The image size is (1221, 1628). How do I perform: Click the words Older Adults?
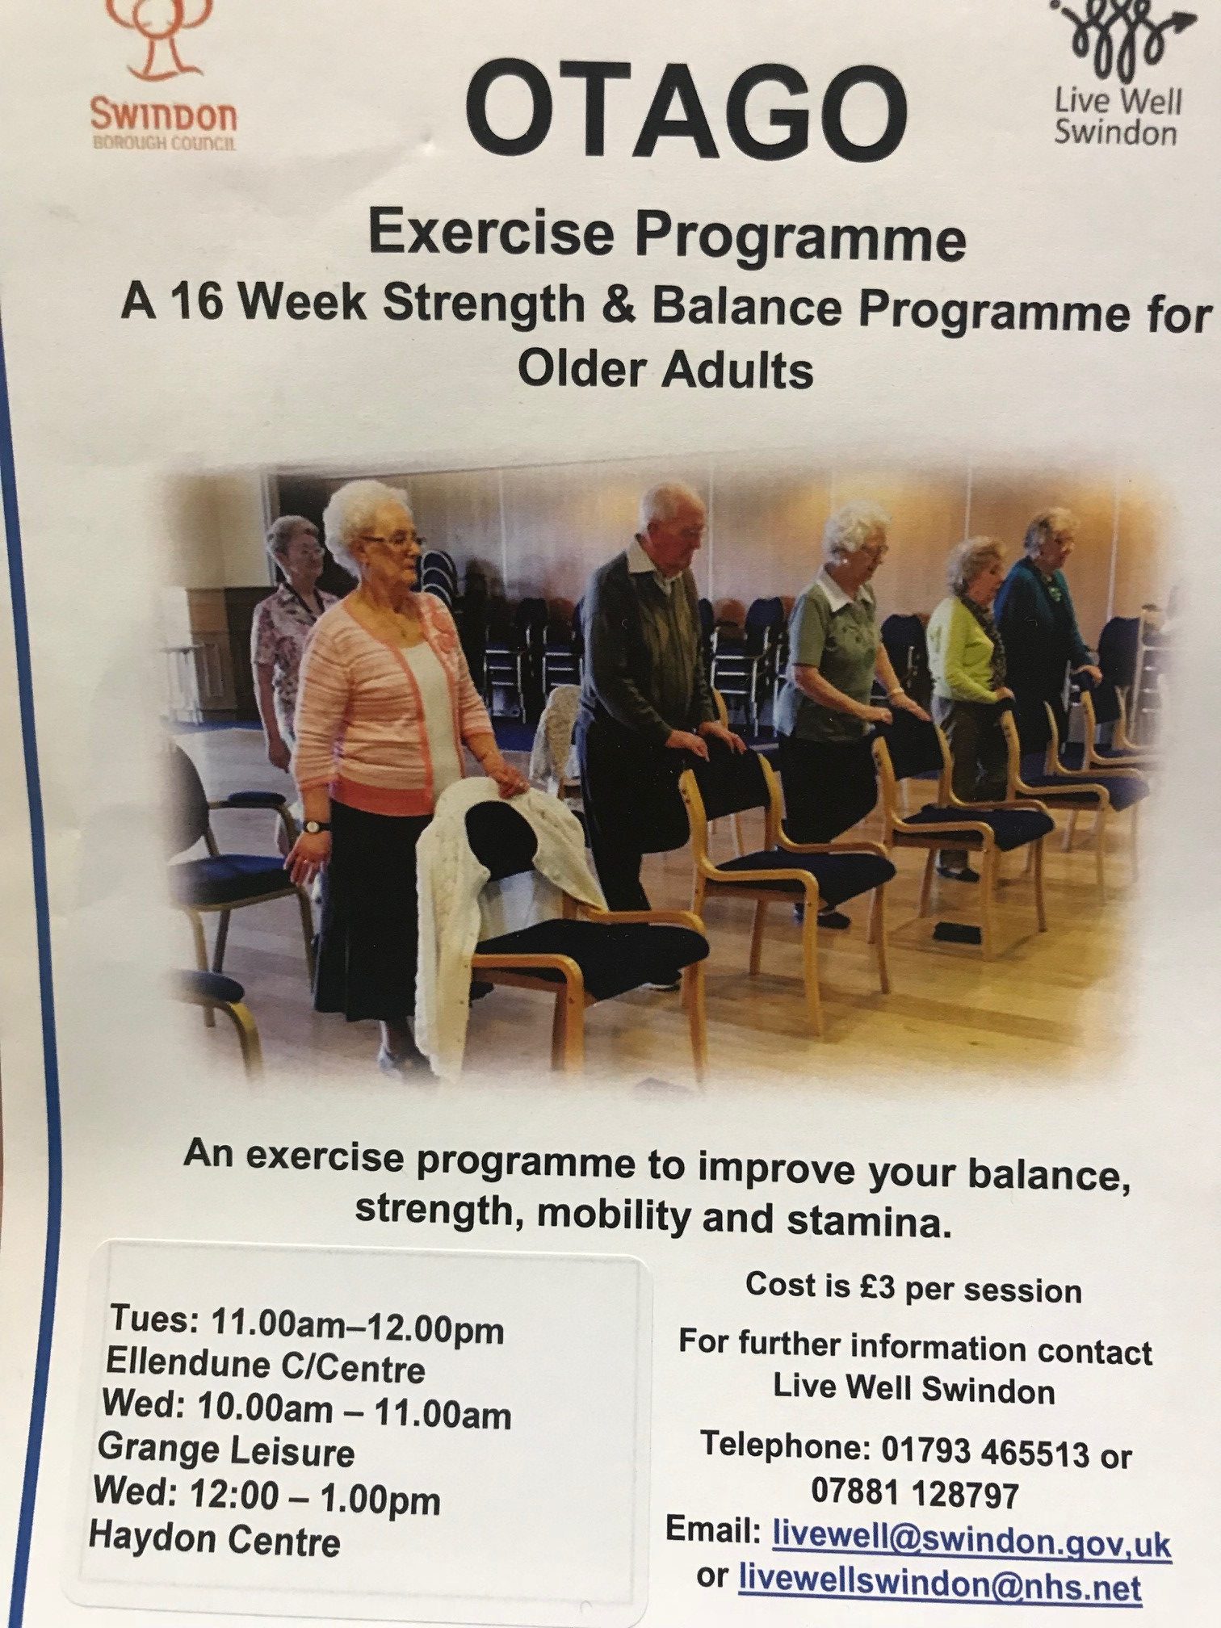pos(665,371)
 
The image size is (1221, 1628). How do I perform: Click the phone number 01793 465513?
pos(985,1451)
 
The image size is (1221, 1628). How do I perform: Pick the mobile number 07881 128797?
pos(915,1493)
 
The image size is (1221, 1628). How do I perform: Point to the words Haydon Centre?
pos(215,1538)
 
